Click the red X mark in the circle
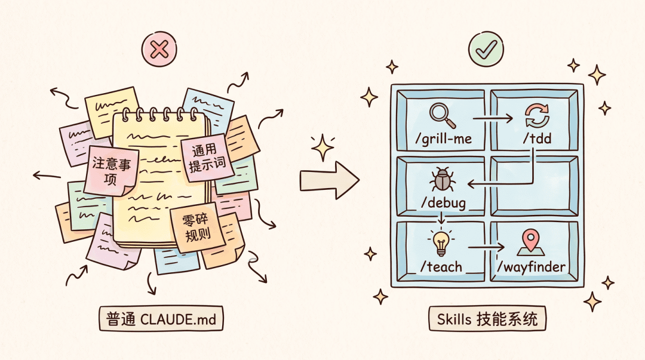[159, 50]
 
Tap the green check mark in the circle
[486, 50]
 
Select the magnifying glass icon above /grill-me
[443, 115]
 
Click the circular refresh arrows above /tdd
[537, 116]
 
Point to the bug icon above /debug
[442, 179]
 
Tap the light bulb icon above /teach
[441, 243]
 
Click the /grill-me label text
[443, 139]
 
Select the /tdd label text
[537, 139]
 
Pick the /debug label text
[443, 203]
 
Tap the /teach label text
[441, 267]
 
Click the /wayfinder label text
[531, 267]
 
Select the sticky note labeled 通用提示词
[207, 158]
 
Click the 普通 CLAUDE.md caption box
[161, 318]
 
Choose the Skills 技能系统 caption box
[487, 318]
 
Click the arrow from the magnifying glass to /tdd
[493, 118]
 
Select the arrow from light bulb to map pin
[486, 247]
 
